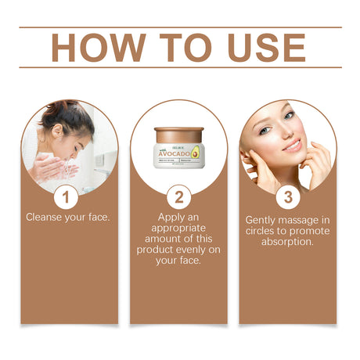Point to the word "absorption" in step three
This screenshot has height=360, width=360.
(x=287, y=242)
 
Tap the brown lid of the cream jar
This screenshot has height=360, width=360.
(x=178, y=134)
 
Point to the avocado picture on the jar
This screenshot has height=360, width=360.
(x=195, y=152)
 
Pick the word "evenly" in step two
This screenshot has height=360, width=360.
(x=196, y=249)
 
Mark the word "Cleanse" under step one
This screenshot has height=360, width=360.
(x=44, y=216)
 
